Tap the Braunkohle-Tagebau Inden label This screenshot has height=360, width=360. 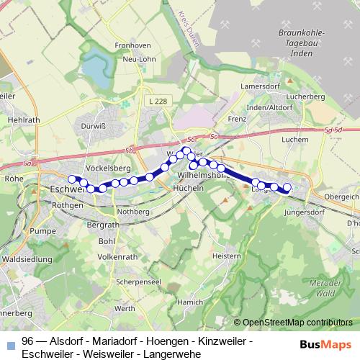click(300, 45)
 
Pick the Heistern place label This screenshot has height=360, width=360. click(226, 256)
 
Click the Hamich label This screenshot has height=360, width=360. click(189, 302)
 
